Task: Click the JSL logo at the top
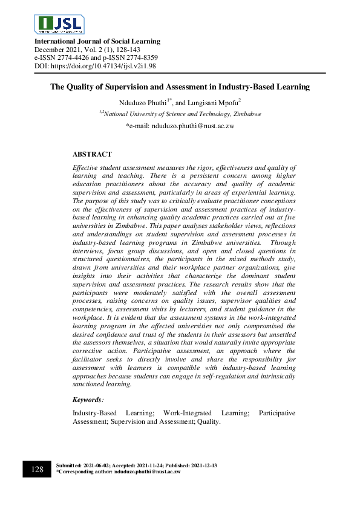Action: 60,24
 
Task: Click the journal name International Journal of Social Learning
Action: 97,41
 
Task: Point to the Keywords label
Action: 88,400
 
